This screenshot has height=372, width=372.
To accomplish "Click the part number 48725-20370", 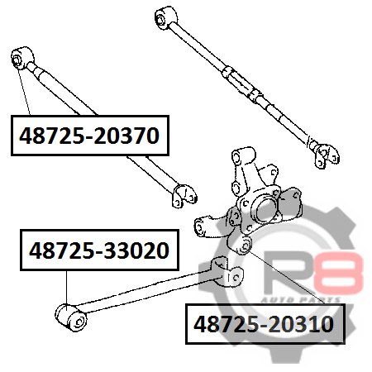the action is (x=89, y=136).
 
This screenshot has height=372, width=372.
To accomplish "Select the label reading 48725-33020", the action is (x=99, y=250).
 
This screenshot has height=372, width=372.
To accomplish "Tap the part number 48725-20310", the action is (x=264, y=324).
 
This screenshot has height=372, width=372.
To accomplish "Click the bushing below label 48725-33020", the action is (x=71, y=317).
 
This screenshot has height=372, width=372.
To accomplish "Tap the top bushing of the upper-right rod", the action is (x=165, y=17).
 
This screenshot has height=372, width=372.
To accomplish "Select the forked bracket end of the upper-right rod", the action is (x=326, y=155).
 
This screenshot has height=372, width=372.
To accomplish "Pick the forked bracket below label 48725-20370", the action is (x=184, y=196).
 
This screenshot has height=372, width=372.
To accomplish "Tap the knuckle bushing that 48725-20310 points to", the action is (x=245, y=246).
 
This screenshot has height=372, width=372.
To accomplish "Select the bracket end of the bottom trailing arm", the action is (x=226, y=273).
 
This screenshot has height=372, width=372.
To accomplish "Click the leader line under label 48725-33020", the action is (x=66, y=288).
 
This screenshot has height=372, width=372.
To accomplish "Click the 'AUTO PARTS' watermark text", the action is (x=300, y=300).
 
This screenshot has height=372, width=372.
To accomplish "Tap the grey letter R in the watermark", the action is (x=288, y=272).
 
